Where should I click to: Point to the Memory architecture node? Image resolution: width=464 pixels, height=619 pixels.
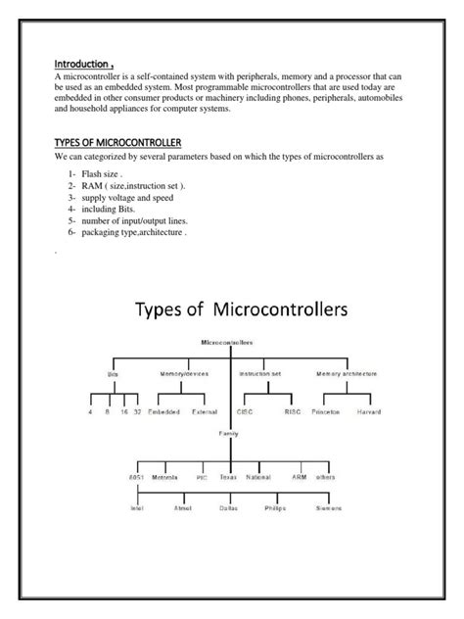pyautogui.click(x=348, y=373)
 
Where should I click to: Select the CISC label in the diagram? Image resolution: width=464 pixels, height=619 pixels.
pyautogui.click(x=244, y=412)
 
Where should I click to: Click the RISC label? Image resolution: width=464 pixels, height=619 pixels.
pyautogui.click(x=294, y=412)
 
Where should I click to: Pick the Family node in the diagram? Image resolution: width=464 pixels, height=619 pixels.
pyautogui.click(x=229, y=431)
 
